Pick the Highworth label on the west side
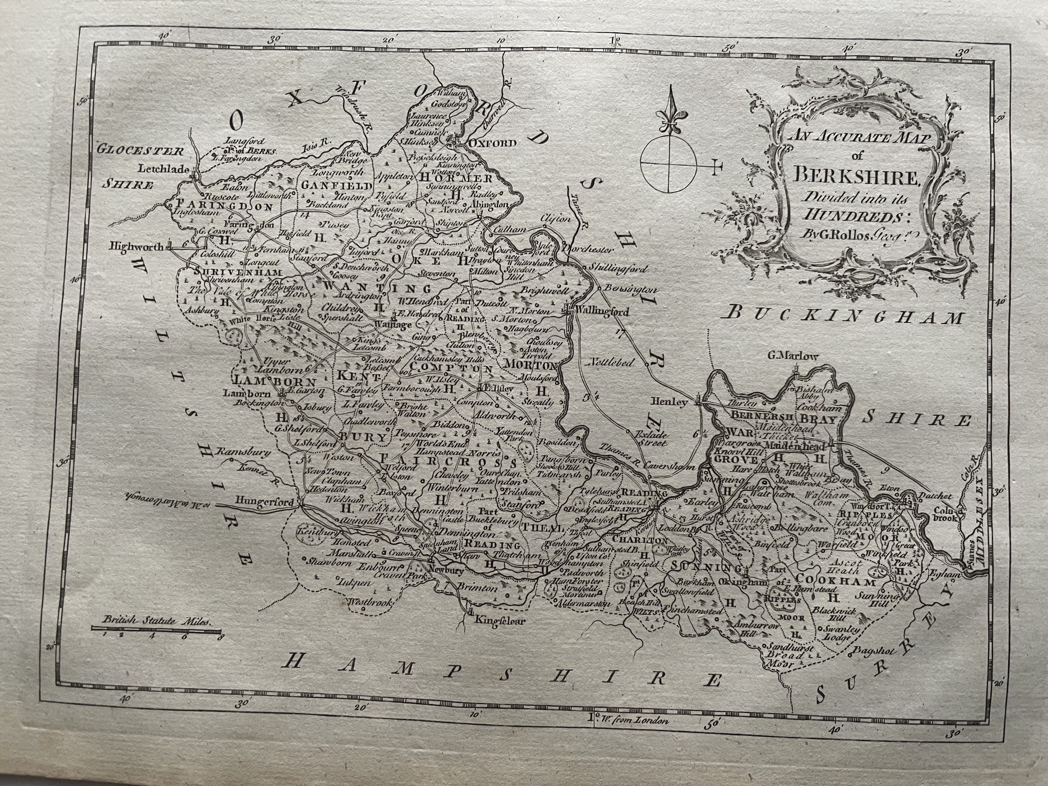[x=136, y=246]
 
